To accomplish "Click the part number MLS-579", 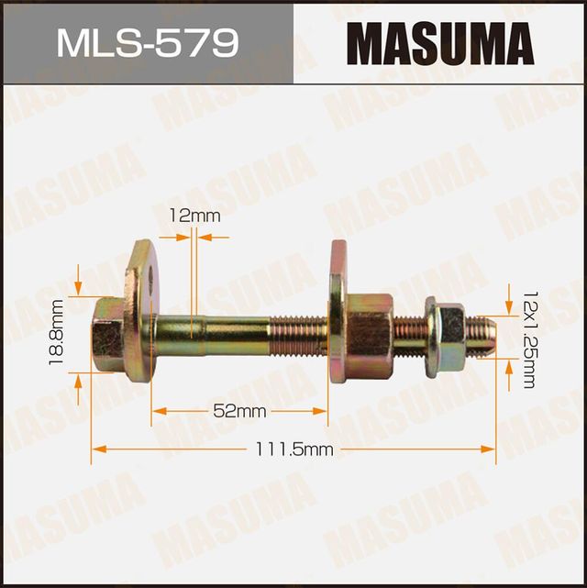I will click(148, 43).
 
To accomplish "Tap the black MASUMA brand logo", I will click(440, 43).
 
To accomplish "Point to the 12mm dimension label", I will click(195, 216).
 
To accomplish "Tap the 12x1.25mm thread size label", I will click(528, 338).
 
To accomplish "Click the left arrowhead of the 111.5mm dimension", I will click(97, 449).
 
